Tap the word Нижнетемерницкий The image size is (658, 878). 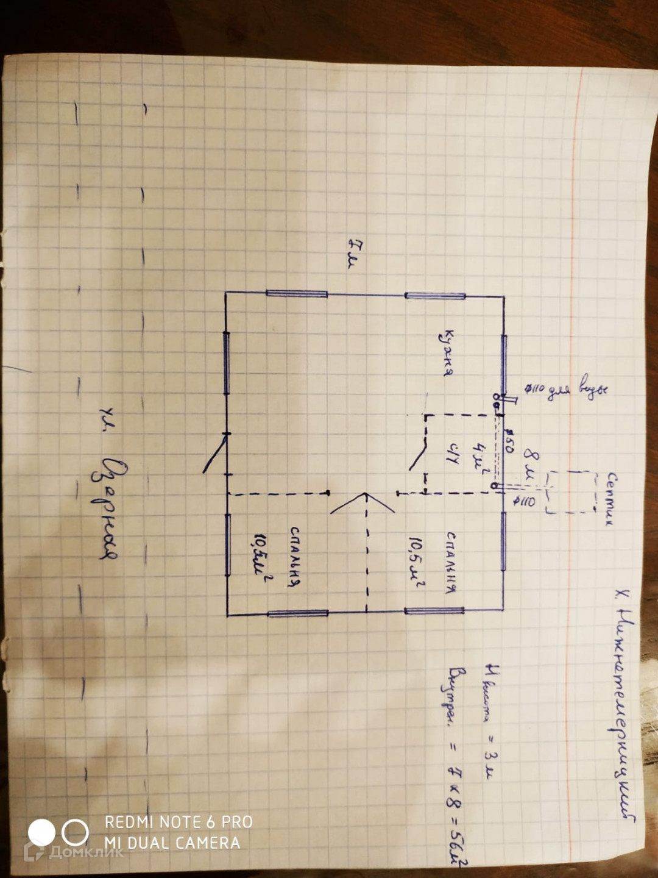tap(623, 701)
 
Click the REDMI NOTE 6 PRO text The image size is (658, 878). tap(179, 822)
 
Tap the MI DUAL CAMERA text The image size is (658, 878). tap(172, 843)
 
